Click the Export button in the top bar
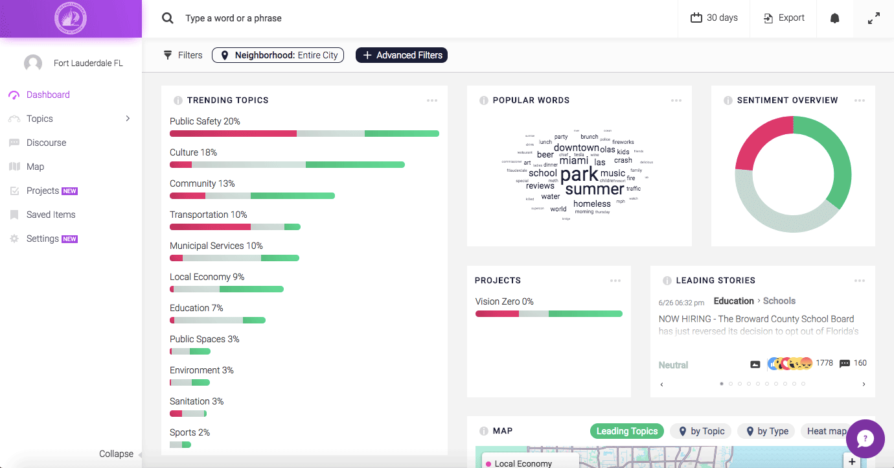[x=785, y=18]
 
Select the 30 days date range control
[x=714, y=18]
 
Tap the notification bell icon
[x=834, y=18]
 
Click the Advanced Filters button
[x=402, y=55]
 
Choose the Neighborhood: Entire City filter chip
[x=278, y=55]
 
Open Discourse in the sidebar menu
[x=46, y=143]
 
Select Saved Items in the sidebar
[x=51, y=215]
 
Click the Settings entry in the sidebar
[x=43, y=239]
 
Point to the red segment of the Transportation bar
[x=210, y=227]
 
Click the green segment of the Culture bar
[x=355, y=165]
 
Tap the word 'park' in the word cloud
[x=579, y=175]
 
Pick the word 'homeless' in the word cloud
[x=592, y=204]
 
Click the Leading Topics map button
[x=626, y=431]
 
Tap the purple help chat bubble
[x=865, y=439]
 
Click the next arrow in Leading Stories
[x=864, y=384]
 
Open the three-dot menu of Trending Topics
[x=432, y=100]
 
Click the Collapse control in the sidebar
[x=117, y=454]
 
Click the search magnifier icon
[x=168, y=18]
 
